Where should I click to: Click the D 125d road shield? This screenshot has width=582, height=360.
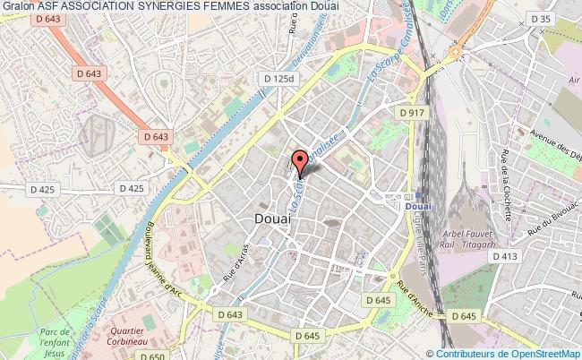point(278,79)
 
